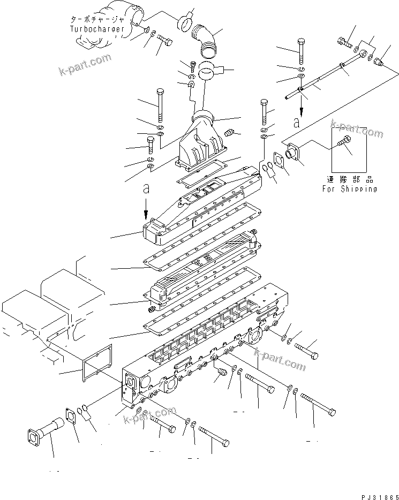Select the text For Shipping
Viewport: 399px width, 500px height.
349,188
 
